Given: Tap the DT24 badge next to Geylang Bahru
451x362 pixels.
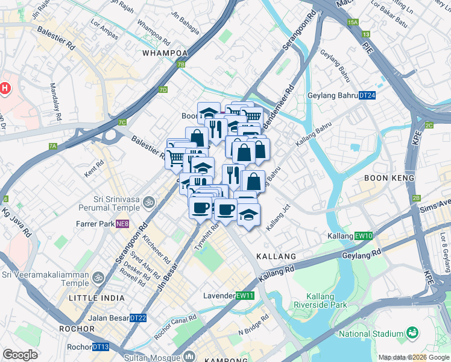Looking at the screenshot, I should tap(367, 95).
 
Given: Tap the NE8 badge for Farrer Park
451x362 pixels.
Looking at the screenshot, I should tap(122, 224).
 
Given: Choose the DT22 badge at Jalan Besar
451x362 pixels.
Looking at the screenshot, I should tap(138, 318).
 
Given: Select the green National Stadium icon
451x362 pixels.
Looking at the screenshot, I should tap(412, 332).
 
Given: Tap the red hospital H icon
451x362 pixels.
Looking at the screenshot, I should tap(5, 89).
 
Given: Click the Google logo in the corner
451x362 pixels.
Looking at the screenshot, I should tap(20, 355).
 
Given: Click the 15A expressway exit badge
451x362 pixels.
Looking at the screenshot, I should tap(353, 22).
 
